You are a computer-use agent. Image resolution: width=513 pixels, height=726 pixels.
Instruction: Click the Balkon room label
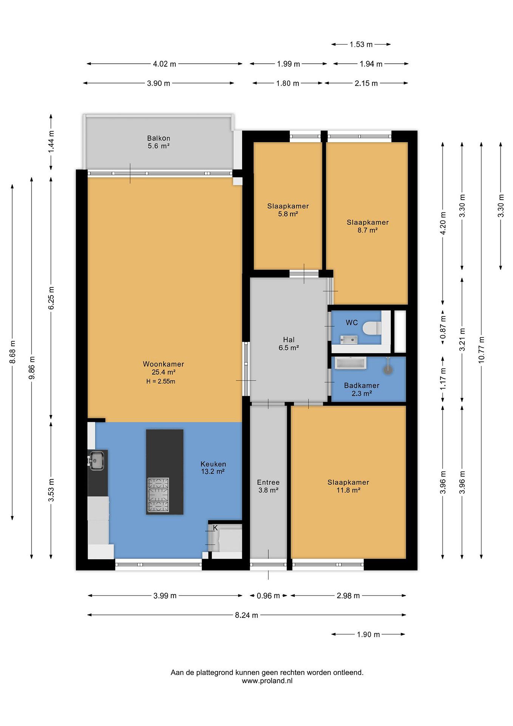click(x=159, y=142)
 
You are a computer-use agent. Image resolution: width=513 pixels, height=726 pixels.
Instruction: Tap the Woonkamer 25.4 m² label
click(x=163, y=368)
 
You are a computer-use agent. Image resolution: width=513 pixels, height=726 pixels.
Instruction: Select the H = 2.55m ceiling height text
click(x=161, y=381)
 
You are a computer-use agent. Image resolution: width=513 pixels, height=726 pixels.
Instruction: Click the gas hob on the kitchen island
click(x=159, y=495)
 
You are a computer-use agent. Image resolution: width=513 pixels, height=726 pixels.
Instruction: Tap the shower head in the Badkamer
click(x=388, y=367)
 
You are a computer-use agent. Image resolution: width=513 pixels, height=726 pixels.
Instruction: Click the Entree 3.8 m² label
click(x=268, y=486)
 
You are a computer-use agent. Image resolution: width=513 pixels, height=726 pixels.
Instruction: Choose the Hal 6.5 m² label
click(x=289, y=344)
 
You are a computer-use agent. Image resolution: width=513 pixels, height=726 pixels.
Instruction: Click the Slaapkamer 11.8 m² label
click(x=348, y=486)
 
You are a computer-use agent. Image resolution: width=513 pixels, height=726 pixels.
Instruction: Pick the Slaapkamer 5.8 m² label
click(x=288, y=210)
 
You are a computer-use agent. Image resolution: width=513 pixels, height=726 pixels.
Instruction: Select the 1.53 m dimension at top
click(x=361, y=45)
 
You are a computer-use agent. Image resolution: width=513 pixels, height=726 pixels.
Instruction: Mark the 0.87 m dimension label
click(x=443, y=327)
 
